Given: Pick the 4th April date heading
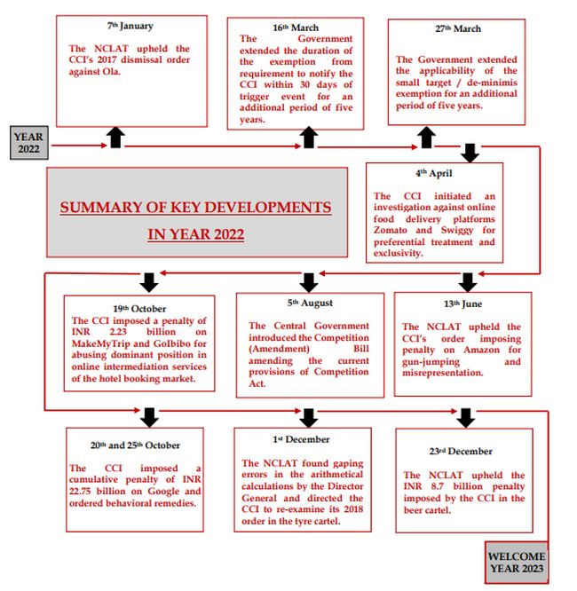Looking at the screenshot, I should pyautogui.click(x=435, y=173).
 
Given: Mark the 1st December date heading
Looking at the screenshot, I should pyautogui.click(x=301, y=438).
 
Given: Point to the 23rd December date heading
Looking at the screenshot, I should pyautogui.click(x=461, y=451).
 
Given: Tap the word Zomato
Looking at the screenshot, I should pyautogui.click(x=392, y=230).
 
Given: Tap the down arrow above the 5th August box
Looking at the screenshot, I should pyautogui.click(x=308, y=281).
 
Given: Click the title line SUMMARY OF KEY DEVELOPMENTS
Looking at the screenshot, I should pyautogui.click(x=195, y=208).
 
